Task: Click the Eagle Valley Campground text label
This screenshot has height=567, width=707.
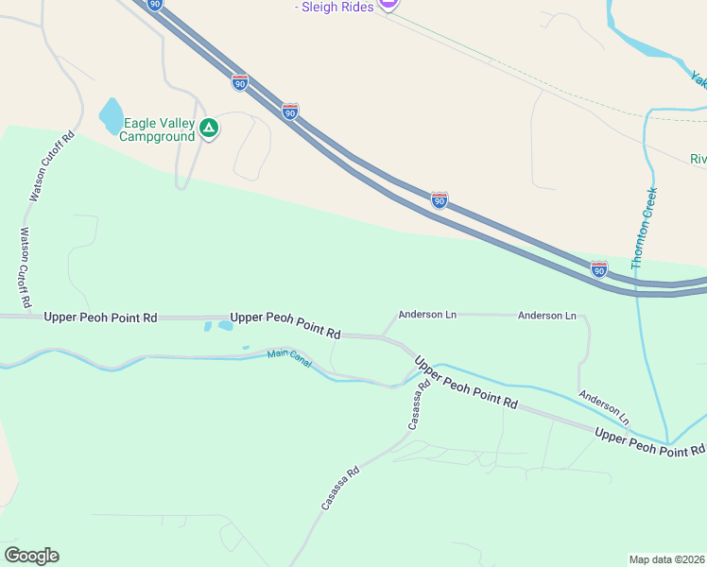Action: pos(157,129)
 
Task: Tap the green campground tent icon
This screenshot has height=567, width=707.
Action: pos(209,129)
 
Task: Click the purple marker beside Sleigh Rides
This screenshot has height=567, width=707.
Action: pos(388,3)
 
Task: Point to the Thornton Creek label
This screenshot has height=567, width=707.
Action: pos(644,228)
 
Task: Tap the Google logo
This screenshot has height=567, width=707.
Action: pos(31,555)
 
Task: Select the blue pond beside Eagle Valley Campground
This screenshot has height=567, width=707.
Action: pos(111,115)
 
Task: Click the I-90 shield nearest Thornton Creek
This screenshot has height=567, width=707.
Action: pos(598,269)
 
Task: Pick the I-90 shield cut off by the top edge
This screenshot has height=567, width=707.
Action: pos(155,4)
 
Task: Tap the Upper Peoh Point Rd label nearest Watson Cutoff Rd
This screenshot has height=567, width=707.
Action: pos(100,318)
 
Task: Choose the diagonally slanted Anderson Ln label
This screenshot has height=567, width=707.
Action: pos(604,407)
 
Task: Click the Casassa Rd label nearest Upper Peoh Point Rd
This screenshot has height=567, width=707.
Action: pos(418,404)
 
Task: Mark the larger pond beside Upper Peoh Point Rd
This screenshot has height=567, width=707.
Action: pos(225,326)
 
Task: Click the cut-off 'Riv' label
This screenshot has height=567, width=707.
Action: pos(698,158)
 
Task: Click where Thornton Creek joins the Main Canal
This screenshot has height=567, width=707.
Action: pos(668,442)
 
